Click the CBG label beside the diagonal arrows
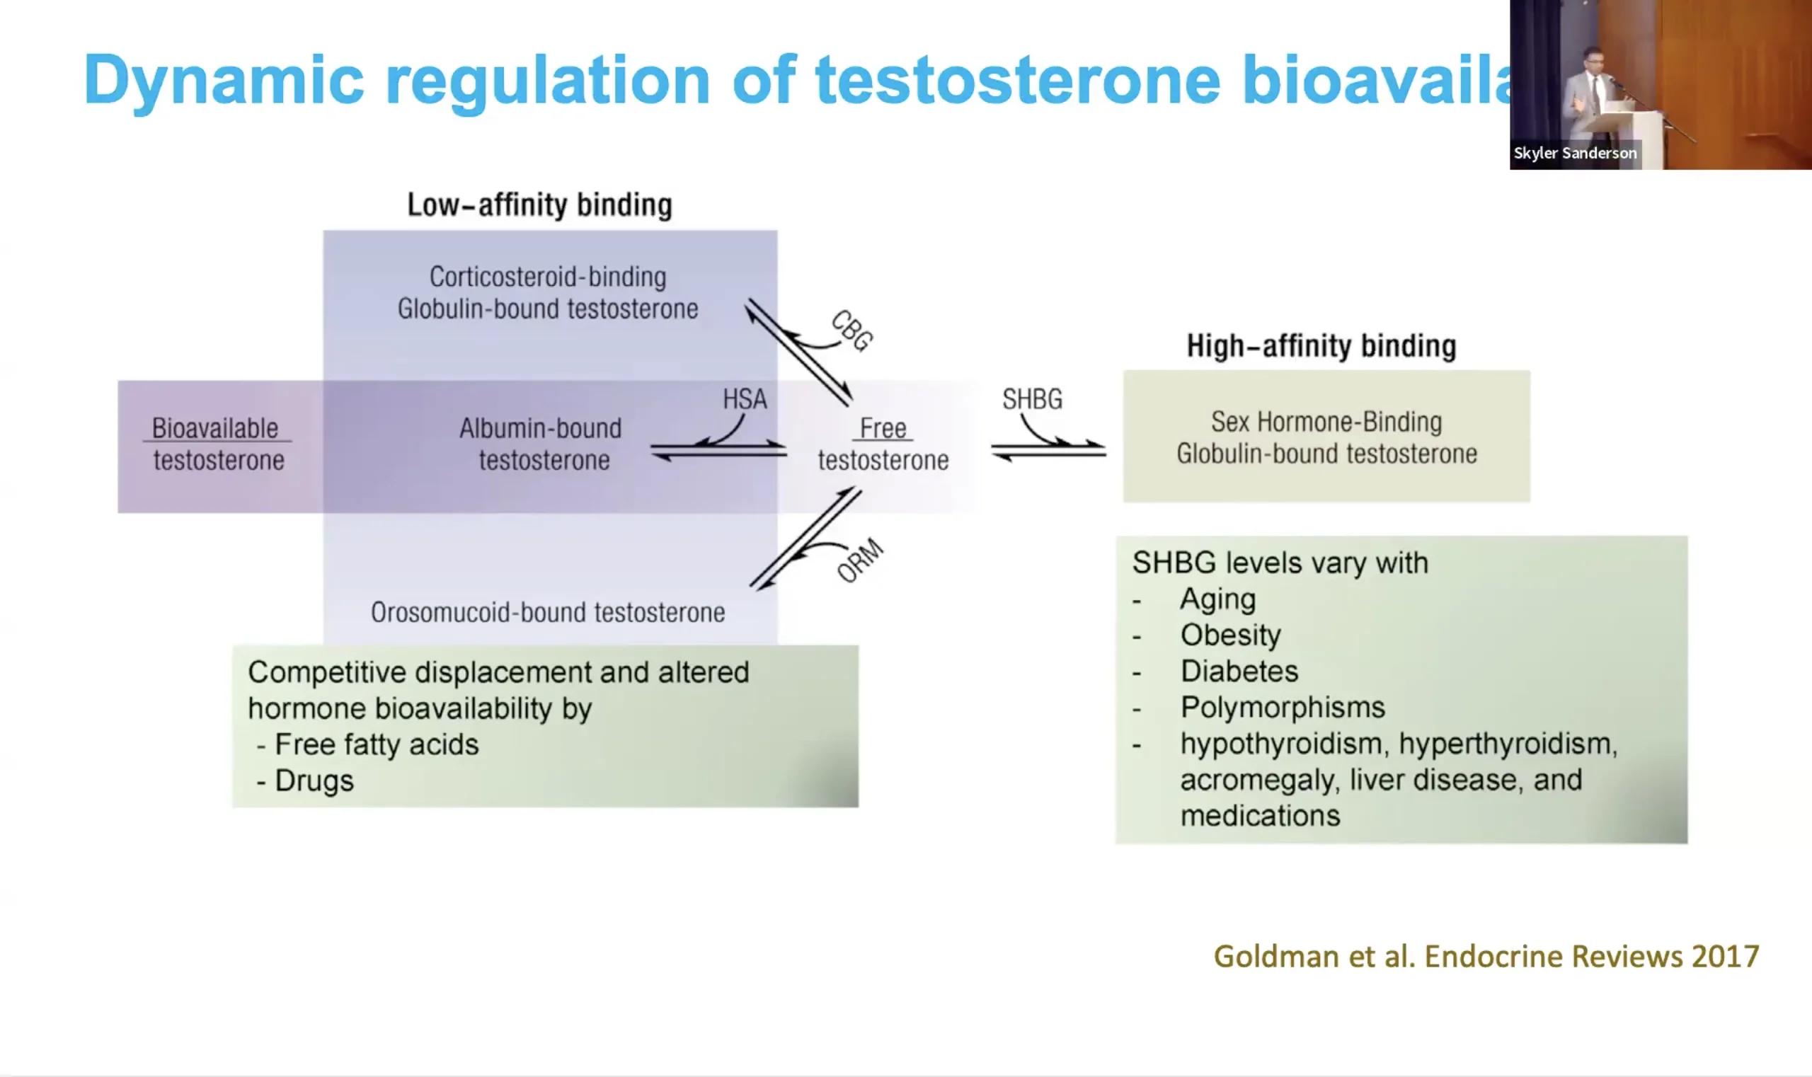(x=852, y=331)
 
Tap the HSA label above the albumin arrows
(x=745, y=398)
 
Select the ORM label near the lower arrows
(x=860, y=560)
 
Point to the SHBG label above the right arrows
(x=1032, y=398)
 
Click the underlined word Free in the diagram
(x=883, y=428)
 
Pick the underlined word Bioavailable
(x=215, y=428)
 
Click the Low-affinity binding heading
(x=539, y=205)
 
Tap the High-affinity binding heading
(x=1321, y=345)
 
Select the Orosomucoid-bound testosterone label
(x=547, y=613)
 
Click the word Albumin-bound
(x=540, y=428)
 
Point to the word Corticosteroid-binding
(x=547, y=277)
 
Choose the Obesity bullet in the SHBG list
(x=1230, y=635)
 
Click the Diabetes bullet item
(x=1239, y=671)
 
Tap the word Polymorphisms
(x=1283, y=708)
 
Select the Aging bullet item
(x=1217, y=599)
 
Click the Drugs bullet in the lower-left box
(x=314, y=781)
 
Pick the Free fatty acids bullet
(x=377, y=744)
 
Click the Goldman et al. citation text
(x=1486, y=957)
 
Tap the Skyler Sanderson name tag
(x=1575, y=153)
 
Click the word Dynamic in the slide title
(x=224, y=81)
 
